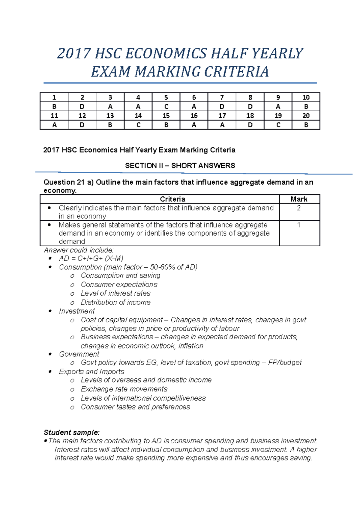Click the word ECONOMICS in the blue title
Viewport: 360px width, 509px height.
pyautogui.click(x=166, y=54)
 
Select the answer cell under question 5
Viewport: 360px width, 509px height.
pyautogui.click(x=166, y=107)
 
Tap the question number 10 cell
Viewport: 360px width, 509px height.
pyautogui.click(x=306, y=97)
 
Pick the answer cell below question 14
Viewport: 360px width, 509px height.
pyautogui.click(x=138, y=125)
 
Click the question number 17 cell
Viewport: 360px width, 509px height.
pyautogui.click(x=222, y=116)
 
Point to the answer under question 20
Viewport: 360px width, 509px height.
pyautogui.click(x=306, y=125)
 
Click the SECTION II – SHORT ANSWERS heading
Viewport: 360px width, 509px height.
pyautogui.click(x=180, y=165)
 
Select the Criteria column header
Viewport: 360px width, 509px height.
pyautogui.click(x=172, y=199)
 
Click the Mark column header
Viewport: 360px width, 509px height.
pyautogui.click(x=299, y=199)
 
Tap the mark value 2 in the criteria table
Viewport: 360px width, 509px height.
pyautogui.click(x=298, y=208)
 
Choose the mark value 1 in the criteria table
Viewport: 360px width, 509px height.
pyautogui.click(x=298, y=225)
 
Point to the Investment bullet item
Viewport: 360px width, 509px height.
pyautogui.click(x=77, y=311)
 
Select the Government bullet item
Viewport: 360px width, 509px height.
pyautogui.click(x=79, y=354)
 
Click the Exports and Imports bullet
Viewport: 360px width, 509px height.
pyautogui.click(x=91, y=372)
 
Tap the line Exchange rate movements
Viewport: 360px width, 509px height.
pyautogui.click(x=124, y=389)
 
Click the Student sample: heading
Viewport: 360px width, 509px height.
pyautogui.click(x=71, y=433)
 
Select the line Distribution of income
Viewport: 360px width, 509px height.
pyautogui.click(x=115, y=302)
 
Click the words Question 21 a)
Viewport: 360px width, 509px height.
pyautogui.click(x=68, y=182)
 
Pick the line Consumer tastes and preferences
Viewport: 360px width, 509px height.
pyautogui.click(x=135, y=407)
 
